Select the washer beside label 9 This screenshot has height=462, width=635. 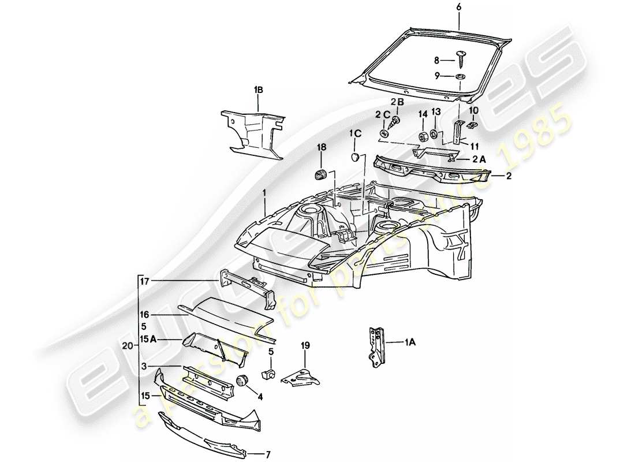(461, 77)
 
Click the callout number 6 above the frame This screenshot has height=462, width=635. (459, 7)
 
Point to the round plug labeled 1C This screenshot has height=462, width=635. (356, 157)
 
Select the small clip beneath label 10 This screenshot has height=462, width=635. (473, 124)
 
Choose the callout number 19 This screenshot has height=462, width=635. (305, 346)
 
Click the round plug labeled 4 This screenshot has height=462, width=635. (242, 381)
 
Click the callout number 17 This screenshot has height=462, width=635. (144, 281)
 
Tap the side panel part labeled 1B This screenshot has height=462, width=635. (252, 130)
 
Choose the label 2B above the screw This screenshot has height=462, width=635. (398, 102)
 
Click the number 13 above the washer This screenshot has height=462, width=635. (436, 111)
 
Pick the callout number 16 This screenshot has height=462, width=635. (144, 315)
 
